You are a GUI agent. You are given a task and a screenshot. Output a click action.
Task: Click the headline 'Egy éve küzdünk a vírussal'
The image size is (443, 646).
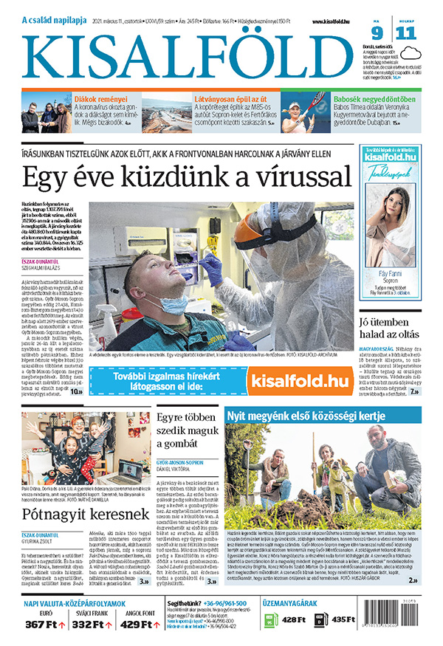coord(186,177)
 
